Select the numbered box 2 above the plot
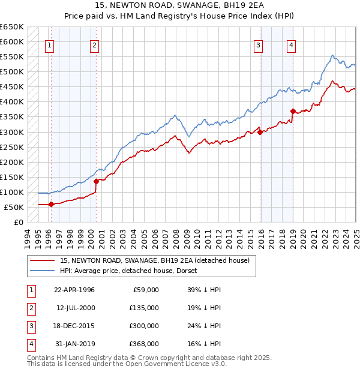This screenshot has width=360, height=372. coord(95,44)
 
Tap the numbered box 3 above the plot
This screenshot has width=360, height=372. coord(258,44)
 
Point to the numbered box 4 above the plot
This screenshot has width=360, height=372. coord(290,44)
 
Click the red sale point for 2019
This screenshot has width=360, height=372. coord(293,111)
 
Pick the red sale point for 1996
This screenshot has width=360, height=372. coord(51,204)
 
